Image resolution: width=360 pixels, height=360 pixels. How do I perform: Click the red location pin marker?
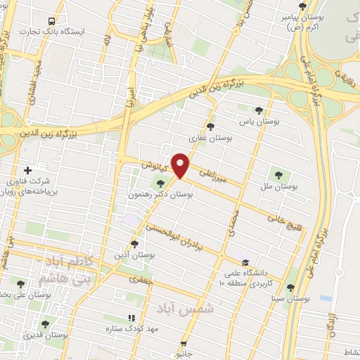(x=181, y=165)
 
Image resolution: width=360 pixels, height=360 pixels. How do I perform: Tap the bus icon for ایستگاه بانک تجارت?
(x=50, y=22)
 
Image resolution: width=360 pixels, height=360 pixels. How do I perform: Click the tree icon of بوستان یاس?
(x=259, y=110)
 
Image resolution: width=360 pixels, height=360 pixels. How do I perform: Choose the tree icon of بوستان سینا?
(x=290, y=287)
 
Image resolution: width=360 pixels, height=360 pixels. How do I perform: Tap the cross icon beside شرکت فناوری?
(x=27, y=170)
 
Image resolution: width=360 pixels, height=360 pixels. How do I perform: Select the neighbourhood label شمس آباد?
(x=191, y=309)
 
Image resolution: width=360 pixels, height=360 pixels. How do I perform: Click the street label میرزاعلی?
(x=214, y=175)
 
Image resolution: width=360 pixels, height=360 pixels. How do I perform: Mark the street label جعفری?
(x=138, y=279)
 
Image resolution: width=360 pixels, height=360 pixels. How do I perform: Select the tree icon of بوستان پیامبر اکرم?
(x=302, y=6)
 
